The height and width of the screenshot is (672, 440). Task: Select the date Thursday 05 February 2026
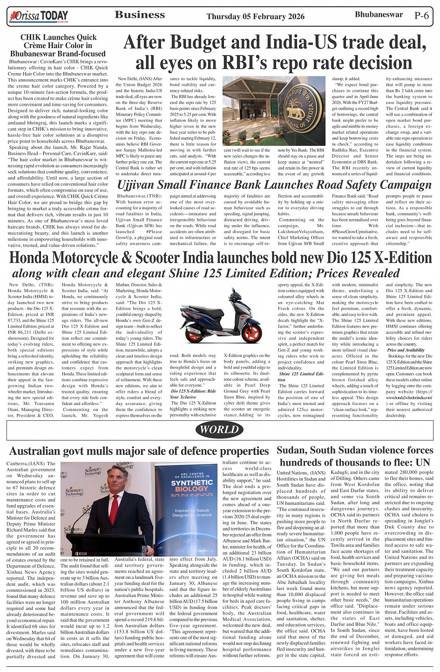click(x=255, y=16)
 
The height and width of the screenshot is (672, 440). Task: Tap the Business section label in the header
click(x=139, y=15)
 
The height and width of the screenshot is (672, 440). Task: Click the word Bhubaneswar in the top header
click(x=379, y=14)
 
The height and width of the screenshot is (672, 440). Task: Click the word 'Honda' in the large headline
click(x=34, y=258)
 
